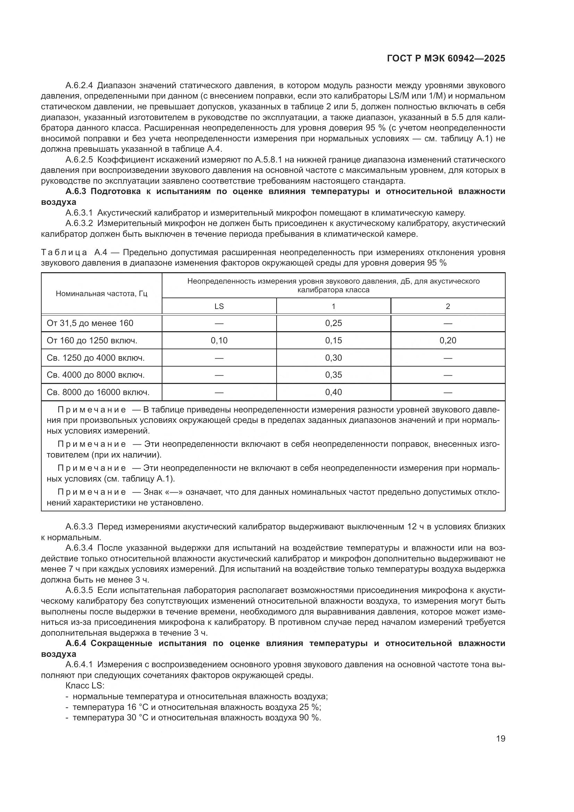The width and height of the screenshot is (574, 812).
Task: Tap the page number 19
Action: pos(500,738)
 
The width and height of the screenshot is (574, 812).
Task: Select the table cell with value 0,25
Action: pos(333,323)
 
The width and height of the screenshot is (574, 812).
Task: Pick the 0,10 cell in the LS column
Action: pos(219,340)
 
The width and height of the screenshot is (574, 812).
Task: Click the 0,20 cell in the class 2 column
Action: pos(448,340)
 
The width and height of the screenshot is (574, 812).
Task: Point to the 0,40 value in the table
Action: pos(333,392)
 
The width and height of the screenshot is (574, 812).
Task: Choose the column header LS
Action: pos(219,306)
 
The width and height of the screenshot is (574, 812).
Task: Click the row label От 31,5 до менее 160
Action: pos(90,323)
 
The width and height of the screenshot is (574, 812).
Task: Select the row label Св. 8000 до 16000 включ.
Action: pos(98,392)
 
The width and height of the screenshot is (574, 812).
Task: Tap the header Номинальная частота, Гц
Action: pos(101,294)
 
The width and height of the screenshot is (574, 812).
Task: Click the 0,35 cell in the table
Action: pos(333,375)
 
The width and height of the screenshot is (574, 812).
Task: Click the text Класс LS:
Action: pos(85,685)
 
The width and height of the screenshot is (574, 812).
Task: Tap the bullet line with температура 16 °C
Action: pos(196,707)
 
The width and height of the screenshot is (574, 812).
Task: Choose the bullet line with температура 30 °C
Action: pos(196,718)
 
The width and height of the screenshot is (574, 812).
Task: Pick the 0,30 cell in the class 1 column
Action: pos(333,358)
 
